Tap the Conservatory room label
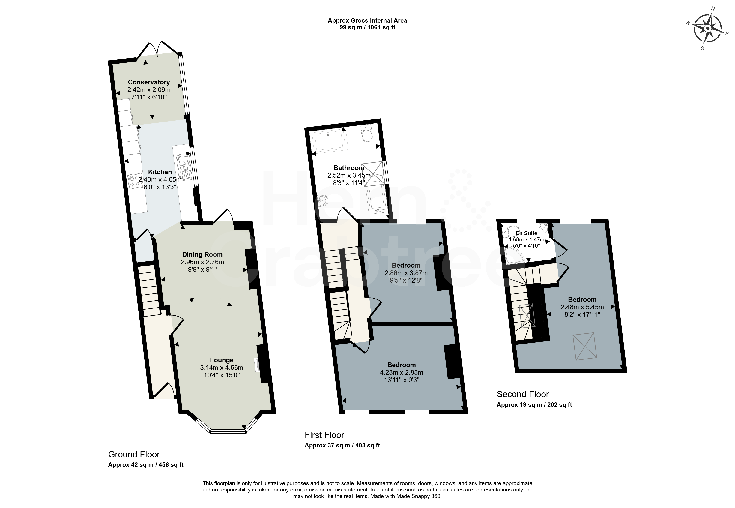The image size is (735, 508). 149,82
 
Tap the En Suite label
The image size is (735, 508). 526,233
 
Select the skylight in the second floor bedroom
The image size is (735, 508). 585,347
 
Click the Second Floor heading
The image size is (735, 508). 523,394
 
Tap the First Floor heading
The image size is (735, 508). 324,435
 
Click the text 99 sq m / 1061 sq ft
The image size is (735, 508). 367,27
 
